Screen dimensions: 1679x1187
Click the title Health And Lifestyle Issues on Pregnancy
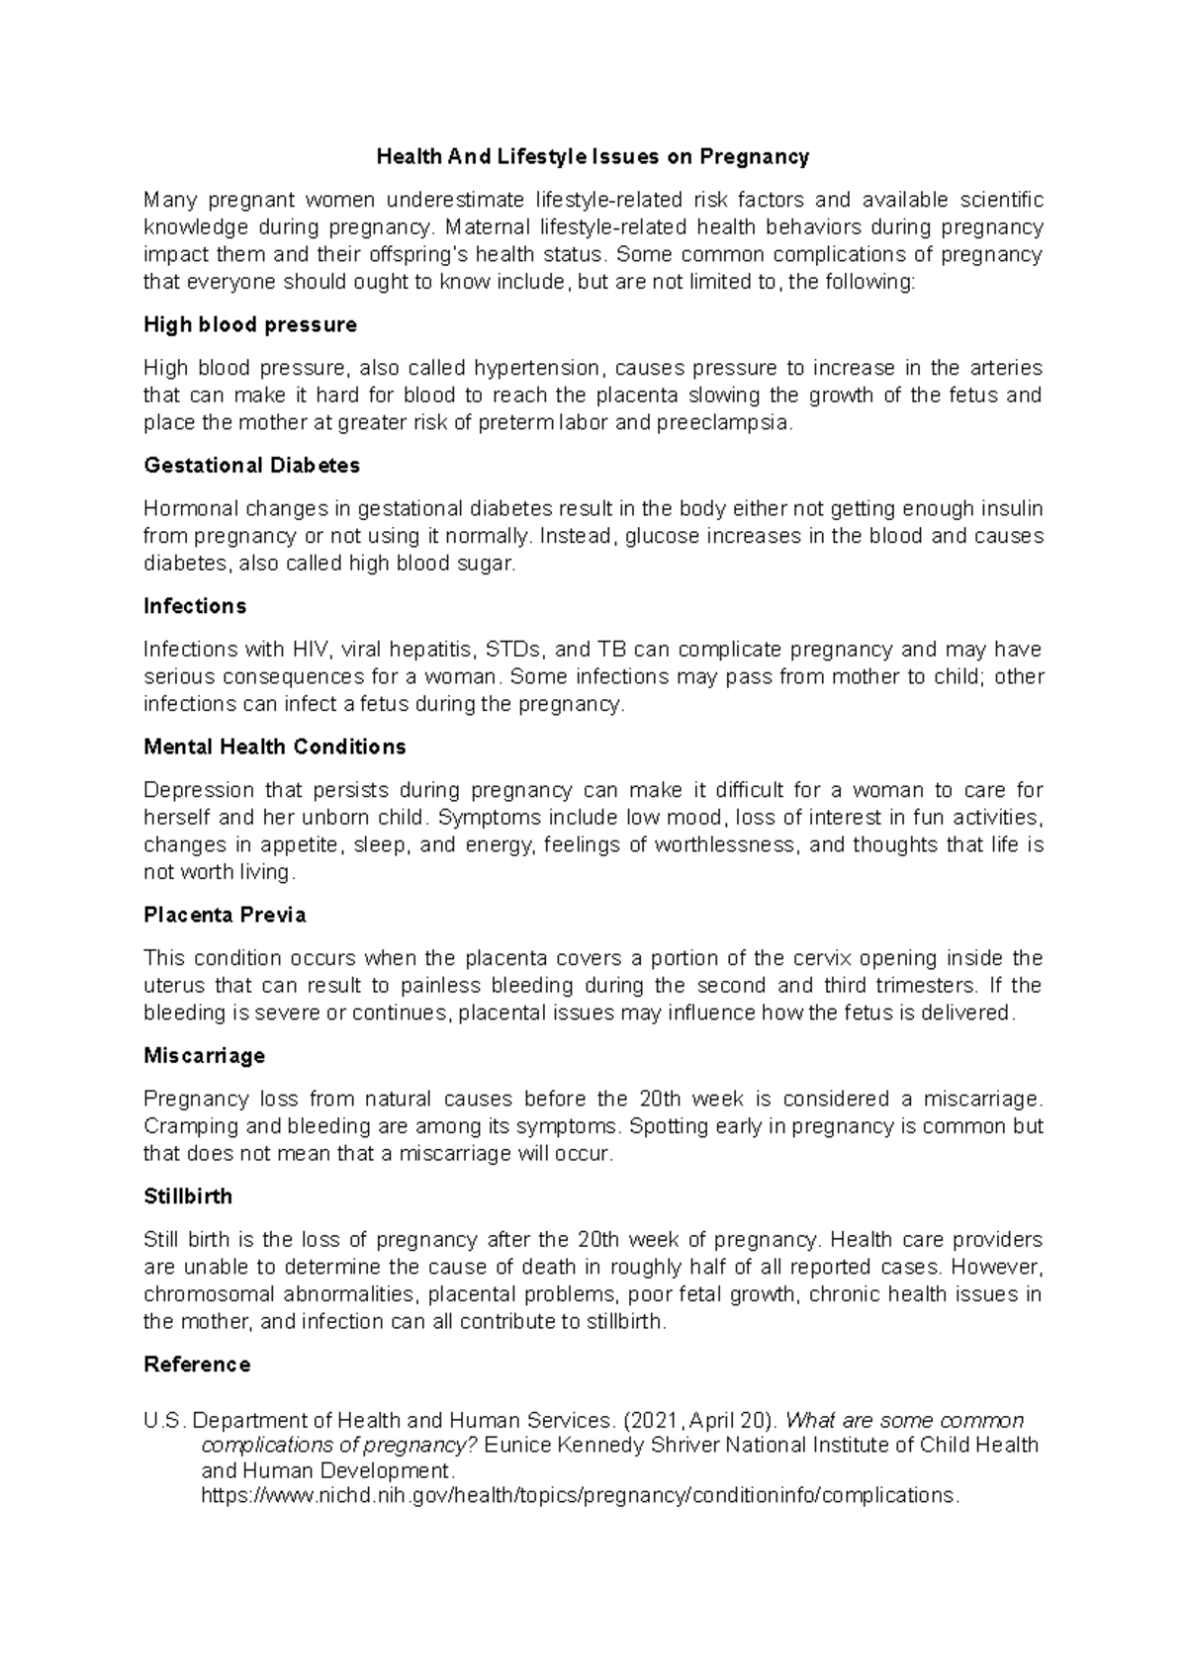(593, 157)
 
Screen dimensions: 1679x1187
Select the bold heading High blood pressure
(250, 325)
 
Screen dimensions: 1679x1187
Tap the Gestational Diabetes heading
(251, 466)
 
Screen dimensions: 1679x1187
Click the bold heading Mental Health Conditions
(275, 748)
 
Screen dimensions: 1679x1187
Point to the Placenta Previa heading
(225, 916)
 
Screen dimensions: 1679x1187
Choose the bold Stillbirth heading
(188, 1196)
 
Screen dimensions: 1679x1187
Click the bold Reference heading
(197, 1366)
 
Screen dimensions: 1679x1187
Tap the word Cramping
(191, 1127)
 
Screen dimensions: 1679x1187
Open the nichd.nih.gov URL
(580, 1496)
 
